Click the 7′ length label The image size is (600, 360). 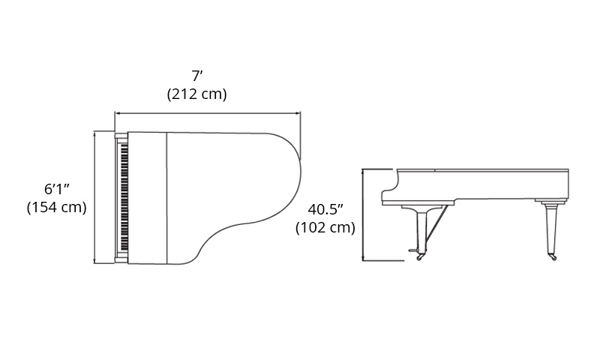(x=197, y=76)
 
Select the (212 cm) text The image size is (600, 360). (x=197, y=94)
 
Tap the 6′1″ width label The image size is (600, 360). (x=57, y=189)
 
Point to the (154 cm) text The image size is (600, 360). (x=57, y=207)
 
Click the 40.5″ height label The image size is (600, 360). (x=325, y=209)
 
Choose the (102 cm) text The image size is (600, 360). (x=325, y=228)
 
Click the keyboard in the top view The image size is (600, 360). (x=124, y=198)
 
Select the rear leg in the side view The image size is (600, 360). (x=550, y=229)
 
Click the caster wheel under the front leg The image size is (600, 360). (x=420, y=257)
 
